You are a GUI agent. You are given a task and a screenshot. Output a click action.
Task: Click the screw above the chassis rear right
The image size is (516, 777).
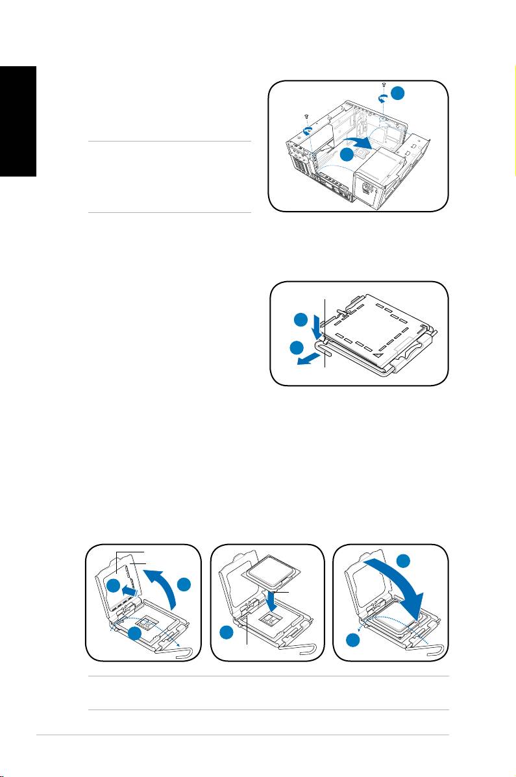pyautogui.click(x=384, y=86)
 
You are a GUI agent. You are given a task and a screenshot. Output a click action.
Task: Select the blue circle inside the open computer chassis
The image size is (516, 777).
pyautogui.click(x=348, y=154)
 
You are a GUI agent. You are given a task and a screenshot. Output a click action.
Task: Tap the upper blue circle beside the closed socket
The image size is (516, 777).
pyautogui.click(x=300, y=320)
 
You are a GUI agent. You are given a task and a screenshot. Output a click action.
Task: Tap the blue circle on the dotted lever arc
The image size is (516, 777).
pyautogui.click(x=137, y=635)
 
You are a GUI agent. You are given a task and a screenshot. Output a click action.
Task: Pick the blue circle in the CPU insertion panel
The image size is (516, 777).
pyautogui.click(x=227, y=633)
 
